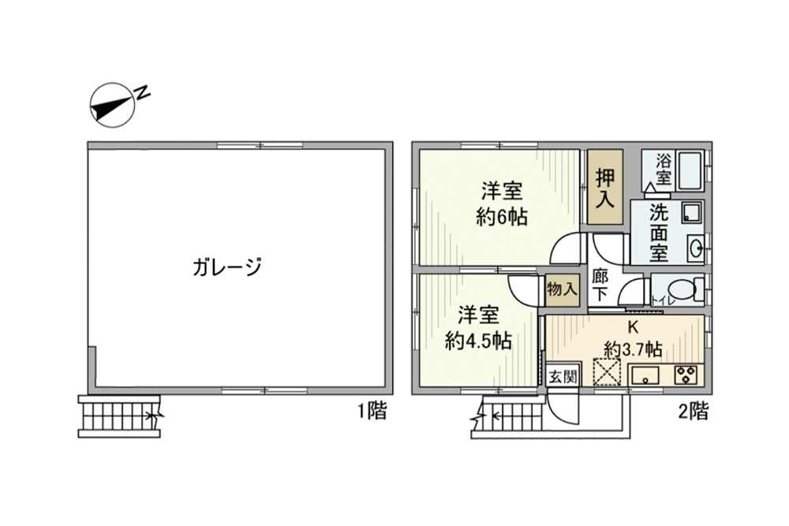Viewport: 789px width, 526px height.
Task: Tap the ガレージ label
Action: point(226,267)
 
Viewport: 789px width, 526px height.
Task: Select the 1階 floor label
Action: point(371,411)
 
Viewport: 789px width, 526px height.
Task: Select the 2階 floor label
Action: point(692,411)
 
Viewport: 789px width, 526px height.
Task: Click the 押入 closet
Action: point(604,188)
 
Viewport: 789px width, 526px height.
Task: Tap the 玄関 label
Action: point(563,376)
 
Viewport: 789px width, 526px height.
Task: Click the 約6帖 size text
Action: point(502,216)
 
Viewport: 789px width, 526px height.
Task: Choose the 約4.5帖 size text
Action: point(478,341)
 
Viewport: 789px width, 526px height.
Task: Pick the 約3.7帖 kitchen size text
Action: point(633,349)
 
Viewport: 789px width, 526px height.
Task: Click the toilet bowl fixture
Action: point(684,289)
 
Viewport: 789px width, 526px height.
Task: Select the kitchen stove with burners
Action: point(686,376)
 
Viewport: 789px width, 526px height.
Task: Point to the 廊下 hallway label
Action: point(600,285)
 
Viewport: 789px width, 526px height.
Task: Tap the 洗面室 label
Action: point(660,233)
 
